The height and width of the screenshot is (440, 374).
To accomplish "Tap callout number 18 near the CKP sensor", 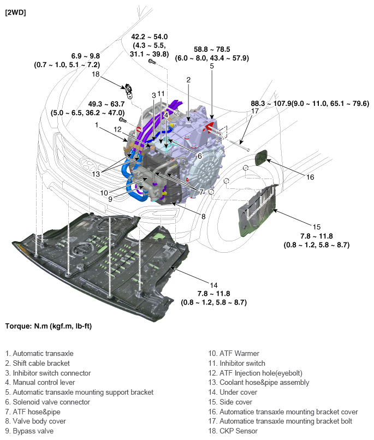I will tap(96, 74).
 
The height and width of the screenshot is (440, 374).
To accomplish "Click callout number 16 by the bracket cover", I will tap(310, 177).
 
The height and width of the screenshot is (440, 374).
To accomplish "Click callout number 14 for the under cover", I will tap(213, 284).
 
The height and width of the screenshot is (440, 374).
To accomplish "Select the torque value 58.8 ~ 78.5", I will tap(212, 48).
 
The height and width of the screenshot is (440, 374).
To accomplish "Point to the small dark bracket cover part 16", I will tap(263, 159).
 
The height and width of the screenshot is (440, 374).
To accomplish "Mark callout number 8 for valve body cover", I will tap(203, 217).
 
